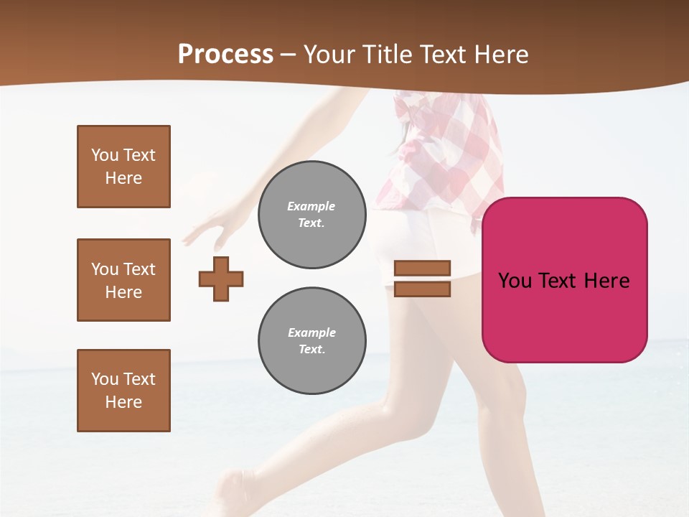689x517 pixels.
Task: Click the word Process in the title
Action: tap(225, 55)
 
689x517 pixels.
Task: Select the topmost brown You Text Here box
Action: tap(123, 167)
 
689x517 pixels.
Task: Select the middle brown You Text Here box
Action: tap(123, 280)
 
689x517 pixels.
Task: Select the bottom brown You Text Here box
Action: tap(123, 391)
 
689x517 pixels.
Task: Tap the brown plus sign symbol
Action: tap(221, 279)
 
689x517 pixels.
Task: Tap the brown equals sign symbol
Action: tap(423, 279)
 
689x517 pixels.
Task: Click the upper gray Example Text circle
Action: tap(312, 214)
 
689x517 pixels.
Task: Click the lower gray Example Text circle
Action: tap(312, 340)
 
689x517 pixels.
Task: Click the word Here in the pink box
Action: tap(607, 281)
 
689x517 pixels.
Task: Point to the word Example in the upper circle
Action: tap(311, 206)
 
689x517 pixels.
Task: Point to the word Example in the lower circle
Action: tap(311, 332)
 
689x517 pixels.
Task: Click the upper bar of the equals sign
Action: tap(423, 269)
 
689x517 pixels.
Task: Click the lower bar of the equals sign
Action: tap(423, 289)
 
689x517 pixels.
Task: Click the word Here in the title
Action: tap(500, 55)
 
